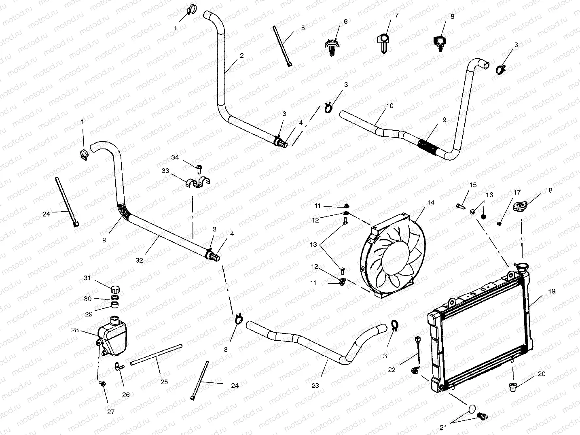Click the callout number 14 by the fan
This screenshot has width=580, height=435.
pos(431,202)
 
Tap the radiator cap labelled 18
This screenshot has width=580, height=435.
pos(521,207)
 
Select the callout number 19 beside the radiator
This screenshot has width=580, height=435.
pos(552,291)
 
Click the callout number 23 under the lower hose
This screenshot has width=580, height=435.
pos(315,386)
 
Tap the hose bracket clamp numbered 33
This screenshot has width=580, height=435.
pos(197,183)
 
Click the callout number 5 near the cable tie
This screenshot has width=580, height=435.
pos(303,28)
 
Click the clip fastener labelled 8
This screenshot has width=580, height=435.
pos(440,42)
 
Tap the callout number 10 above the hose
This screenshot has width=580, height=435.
pos(389,106)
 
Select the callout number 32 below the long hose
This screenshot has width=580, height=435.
pos(139,261)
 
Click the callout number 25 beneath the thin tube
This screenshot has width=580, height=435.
pos(164,382)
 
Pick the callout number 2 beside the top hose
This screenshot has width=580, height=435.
pos(241,56)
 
